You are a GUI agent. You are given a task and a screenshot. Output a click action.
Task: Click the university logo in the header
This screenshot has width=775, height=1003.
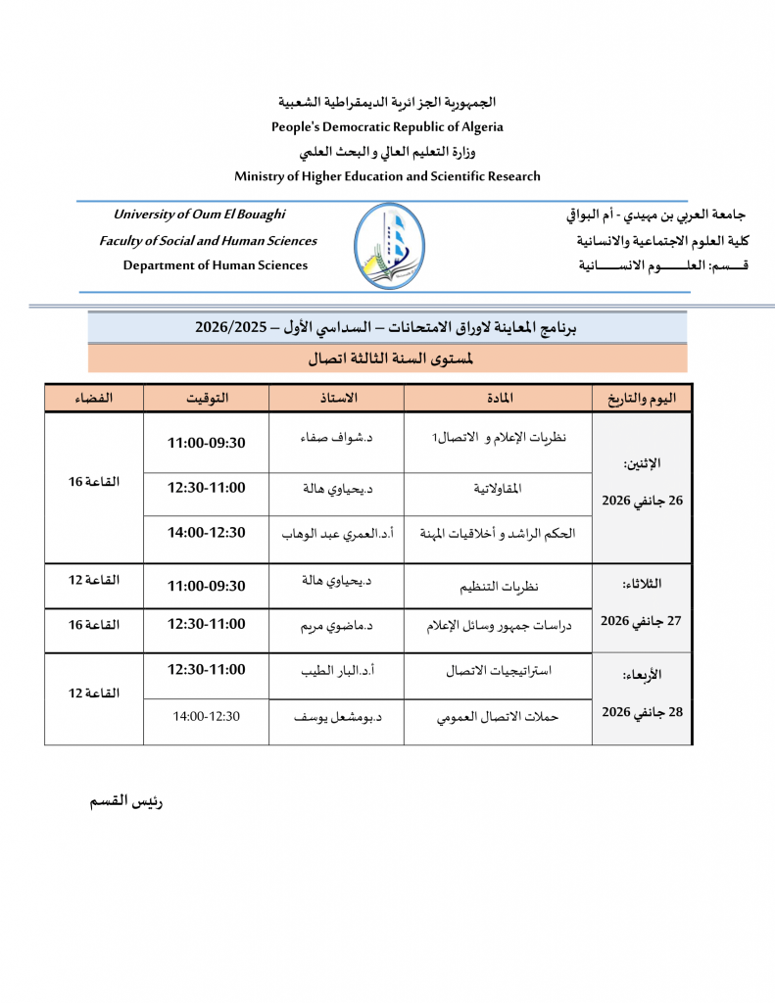[x=389, y=246]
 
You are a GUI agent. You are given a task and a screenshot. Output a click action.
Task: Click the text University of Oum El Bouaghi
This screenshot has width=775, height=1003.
[x=200, y=215]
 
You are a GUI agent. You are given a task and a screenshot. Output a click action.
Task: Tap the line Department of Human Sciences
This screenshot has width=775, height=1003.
[x=215, y=265]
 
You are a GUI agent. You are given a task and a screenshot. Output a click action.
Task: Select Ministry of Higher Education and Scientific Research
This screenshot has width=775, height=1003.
[x=387, y=176]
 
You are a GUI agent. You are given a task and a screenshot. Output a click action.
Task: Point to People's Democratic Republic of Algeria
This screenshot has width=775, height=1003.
[x=387, y=126]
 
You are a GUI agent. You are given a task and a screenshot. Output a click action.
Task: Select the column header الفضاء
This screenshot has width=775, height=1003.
[x=94, y=398]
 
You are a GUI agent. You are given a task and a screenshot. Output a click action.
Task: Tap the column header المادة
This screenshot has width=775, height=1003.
[x=499, y=398]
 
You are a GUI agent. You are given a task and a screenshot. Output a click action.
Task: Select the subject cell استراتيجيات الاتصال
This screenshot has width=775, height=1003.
[x=499, y=672]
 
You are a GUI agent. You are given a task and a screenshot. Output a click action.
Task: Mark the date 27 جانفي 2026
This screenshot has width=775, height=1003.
[x=642, y=620]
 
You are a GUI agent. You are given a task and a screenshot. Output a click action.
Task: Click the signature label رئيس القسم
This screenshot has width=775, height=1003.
[x=126, y=801]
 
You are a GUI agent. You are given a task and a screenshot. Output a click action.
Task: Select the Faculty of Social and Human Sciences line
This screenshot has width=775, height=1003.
[x=208, y=241]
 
